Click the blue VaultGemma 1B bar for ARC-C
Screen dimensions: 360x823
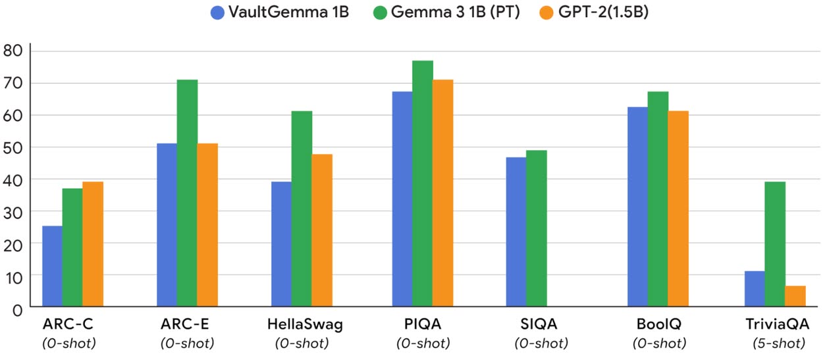52,266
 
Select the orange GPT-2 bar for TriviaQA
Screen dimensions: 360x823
795,296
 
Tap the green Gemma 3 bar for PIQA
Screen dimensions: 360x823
422,184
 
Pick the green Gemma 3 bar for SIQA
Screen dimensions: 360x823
536,228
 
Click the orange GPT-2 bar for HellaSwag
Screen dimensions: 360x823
321,230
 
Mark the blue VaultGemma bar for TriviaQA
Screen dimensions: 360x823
755,289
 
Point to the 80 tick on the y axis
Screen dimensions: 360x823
13,51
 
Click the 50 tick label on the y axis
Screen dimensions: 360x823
13,147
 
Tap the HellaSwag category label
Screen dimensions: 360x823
305,324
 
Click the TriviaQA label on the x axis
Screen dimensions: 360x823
778,324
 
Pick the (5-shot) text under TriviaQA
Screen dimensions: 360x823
778,343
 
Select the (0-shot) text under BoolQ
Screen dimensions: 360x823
659,343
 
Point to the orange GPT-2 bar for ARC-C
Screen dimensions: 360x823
93,244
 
